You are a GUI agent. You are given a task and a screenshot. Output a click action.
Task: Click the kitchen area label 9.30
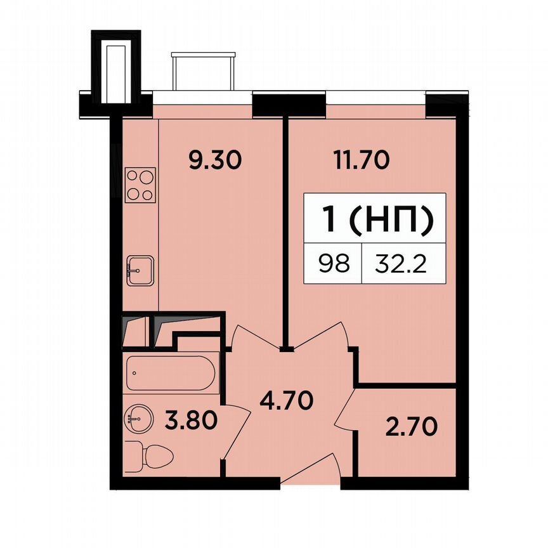[x=215, y=161]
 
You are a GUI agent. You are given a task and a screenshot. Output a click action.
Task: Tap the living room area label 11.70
[x=361, y=161]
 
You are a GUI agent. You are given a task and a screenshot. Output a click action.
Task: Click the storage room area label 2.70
[x=411, y=426]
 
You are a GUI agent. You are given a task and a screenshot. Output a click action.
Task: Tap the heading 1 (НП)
[x=379, y=220]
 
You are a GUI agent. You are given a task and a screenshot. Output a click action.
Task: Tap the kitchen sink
[x=140, y=271]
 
